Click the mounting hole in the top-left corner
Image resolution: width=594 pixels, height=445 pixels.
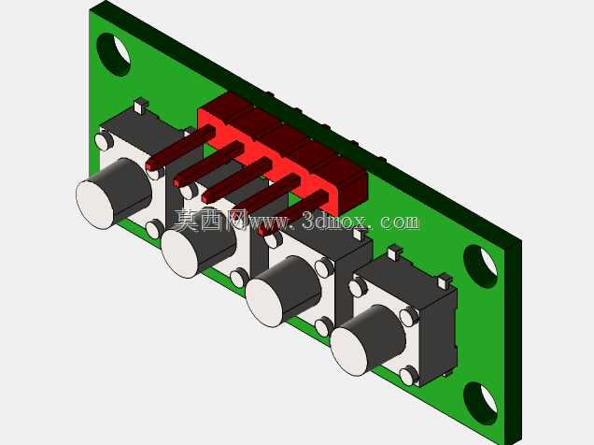[114, 54]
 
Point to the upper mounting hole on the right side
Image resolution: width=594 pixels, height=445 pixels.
[480, 266]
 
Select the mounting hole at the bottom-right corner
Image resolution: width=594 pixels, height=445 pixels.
[480, 404]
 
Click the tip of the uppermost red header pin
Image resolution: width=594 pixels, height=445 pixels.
[150, 165]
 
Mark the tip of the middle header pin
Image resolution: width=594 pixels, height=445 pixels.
[206, 197]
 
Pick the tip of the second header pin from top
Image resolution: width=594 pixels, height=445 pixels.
[178, 181]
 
